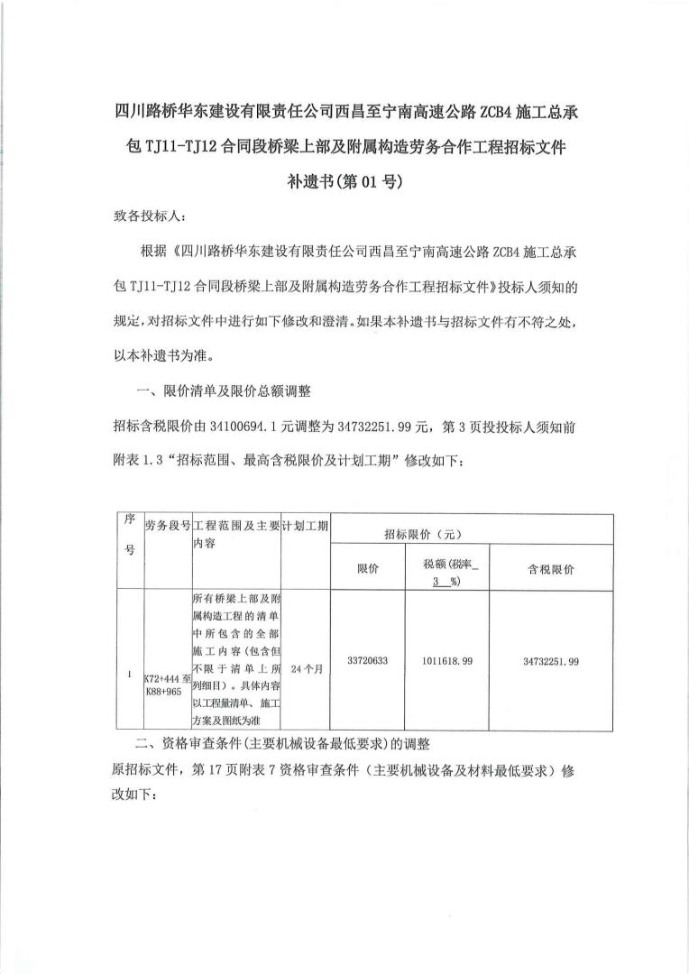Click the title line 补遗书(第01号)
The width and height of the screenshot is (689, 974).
click(344, 180)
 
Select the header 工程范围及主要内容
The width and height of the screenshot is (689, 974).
click(234, 535)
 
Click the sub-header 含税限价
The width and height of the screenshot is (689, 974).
click(550, 569)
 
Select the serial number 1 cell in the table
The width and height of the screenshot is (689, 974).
click(129, 672)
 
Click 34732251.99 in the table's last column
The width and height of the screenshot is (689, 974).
click(550, 661)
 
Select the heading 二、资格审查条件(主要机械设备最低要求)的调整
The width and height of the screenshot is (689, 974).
click(282, 745)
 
